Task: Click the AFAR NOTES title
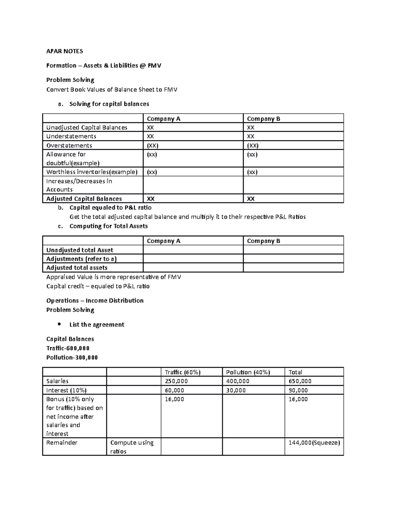[x=65, y=51]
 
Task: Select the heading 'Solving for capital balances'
[x=109, y=104]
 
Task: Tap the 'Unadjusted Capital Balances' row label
[x=87, y=127]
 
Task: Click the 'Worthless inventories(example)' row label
[x=92, y=172]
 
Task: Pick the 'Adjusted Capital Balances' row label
[x=84, y=199]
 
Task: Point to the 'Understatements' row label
[x=71, y=136]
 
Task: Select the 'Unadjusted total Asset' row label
[x=79, y=250]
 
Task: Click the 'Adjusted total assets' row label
[x=77, y=268]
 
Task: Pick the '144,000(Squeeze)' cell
[x=314, y=443]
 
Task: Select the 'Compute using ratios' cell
[x=132, y=447]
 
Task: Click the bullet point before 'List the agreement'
[x=59, y=324]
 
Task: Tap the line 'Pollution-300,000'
[x=72, y=357]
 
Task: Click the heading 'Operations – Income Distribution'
[x=95, y=301]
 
